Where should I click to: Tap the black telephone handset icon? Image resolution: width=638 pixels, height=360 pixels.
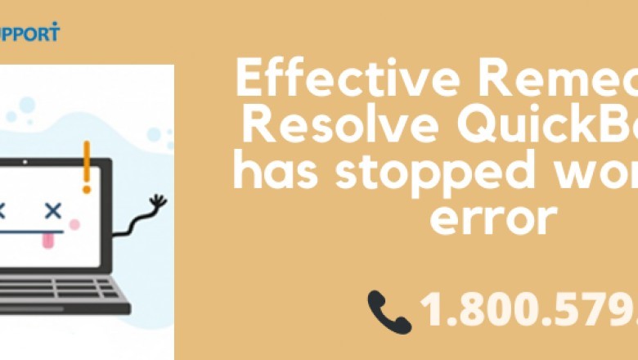coord(389,312)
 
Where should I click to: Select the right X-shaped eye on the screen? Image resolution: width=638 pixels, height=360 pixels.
coord(53,211)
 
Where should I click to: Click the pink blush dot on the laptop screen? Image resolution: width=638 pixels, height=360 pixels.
coord(74,224)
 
